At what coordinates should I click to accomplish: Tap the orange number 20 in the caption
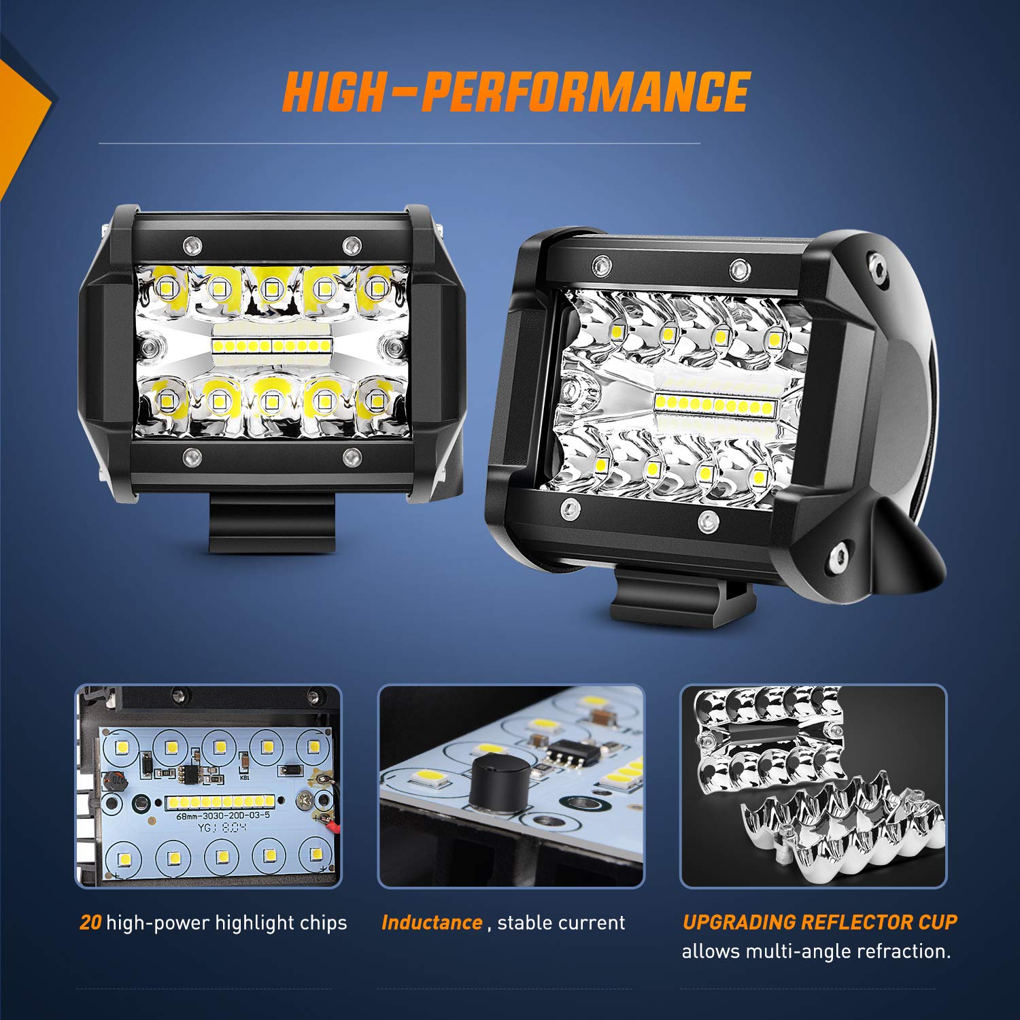90,923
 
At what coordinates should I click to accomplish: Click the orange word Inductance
432,923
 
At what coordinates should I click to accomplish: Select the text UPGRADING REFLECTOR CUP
819,922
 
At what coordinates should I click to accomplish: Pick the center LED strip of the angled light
715,406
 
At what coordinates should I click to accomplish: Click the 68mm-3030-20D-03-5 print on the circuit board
223,815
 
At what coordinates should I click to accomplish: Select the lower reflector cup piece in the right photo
843,826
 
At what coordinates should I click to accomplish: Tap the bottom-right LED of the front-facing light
376,403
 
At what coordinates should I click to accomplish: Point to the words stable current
561,923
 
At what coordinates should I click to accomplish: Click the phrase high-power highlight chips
226,923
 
